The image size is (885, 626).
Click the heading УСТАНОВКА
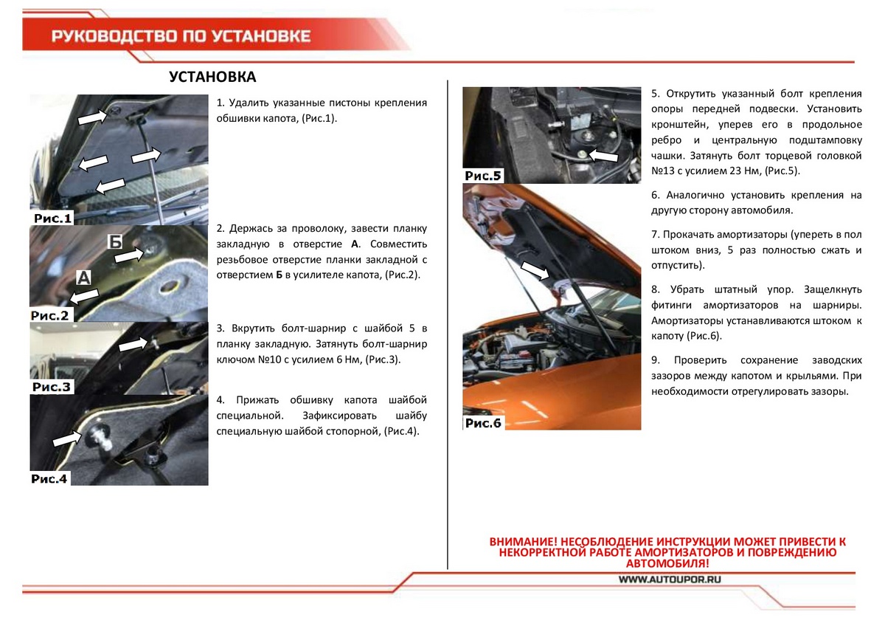(x=212, y=78)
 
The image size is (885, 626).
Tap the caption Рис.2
(x=49, y=315)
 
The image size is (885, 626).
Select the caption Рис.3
(x=52, y=387)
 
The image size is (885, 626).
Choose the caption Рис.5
(x=483, y=176)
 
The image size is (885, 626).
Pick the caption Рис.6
(x=483, y=423)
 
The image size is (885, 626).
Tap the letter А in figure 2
(x=84, y=278)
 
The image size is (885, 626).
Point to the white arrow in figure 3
(x=133, y=344)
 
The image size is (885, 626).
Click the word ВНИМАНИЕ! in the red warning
(x=525, y=543)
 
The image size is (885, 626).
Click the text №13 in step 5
(x=665, y=171)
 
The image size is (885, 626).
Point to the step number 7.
(x=655, y=235)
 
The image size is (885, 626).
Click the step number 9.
(x=655, y=360)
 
